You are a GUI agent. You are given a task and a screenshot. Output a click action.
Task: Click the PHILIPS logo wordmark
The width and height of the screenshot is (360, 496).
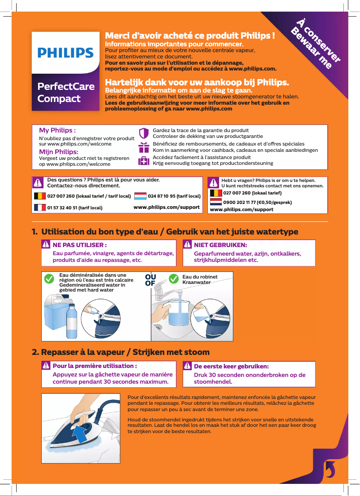[66, 53]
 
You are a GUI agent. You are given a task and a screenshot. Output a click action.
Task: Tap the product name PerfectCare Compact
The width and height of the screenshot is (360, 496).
[66, 92]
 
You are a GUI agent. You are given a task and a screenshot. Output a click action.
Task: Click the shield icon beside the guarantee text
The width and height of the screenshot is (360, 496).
[144, 133]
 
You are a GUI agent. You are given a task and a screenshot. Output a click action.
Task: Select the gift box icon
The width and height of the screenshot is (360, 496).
[144, 147]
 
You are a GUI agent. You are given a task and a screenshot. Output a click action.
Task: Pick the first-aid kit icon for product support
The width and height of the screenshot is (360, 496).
[144, 161]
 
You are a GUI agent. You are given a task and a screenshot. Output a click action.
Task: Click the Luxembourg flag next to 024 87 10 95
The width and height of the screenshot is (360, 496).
[140, 196]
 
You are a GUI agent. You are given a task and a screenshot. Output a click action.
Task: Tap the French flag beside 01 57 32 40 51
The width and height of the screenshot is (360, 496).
[40, 208]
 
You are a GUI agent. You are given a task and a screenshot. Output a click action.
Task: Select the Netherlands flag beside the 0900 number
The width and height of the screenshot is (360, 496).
[216, 202]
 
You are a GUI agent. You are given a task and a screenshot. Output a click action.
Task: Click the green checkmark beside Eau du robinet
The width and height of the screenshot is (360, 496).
[173, 279]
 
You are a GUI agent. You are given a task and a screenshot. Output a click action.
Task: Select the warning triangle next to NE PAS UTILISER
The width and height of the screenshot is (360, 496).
[46, 245]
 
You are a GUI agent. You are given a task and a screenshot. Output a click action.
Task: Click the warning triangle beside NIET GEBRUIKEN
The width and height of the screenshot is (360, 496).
[187, 245]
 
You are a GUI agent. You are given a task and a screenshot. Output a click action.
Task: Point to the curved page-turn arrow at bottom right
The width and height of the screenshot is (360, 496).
[329, 469]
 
